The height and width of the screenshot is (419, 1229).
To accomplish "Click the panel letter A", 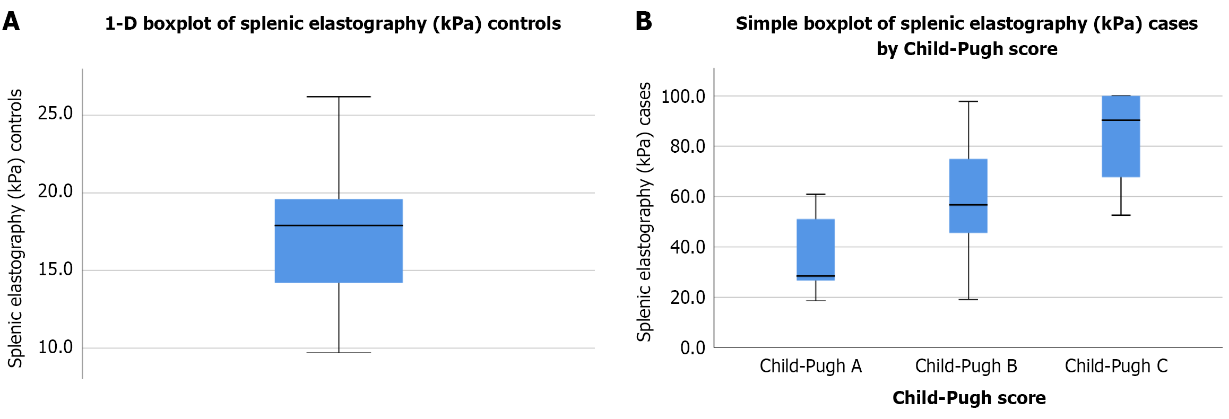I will click(x=11, y=22).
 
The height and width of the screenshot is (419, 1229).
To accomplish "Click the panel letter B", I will click(x=643, y=22).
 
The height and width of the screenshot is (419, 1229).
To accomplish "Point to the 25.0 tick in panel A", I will click(x=55, y=114).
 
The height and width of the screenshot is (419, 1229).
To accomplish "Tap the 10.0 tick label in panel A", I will click(x=55, y=347).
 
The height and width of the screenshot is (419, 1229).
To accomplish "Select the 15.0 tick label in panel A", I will click(x=55, y=269).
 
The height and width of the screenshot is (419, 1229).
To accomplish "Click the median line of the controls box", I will click(x=339, y=225).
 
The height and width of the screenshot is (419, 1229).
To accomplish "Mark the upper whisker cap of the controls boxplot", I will click(x=339, y=97).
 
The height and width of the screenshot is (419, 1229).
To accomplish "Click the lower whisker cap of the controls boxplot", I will click(x=339, y=353).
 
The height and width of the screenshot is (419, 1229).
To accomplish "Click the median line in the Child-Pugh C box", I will click(x=1121, y=120).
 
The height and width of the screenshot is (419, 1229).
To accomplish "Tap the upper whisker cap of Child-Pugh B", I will click(x=968, y=101).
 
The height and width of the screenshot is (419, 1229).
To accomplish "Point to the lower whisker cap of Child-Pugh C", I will click(x=1121, y=215).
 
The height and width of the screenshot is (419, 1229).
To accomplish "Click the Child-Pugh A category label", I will click(x=810, y=366).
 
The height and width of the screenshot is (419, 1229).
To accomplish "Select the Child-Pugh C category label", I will click(x=1116, y=366).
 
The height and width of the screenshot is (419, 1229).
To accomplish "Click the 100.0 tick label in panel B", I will click(x=683, y=97).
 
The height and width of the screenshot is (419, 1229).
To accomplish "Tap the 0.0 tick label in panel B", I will click(x=693, y=348).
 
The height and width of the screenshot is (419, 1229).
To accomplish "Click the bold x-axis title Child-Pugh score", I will click(x=968, y=398).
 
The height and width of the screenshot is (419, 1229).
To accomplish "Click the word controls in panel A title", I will click(x=524, y=23).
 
